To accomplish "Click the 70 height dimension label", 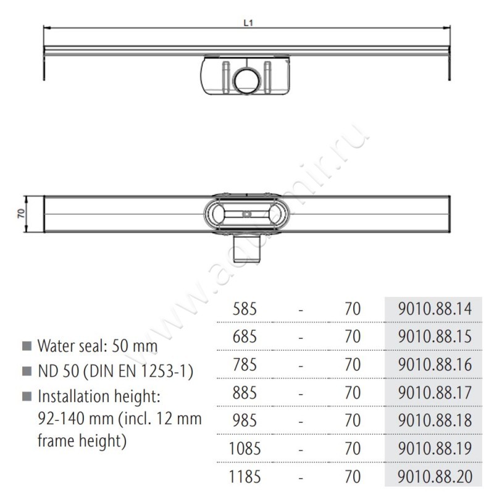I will point(20,214).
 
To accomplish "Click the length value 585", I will point(243,309).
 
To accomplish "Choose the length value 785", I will point(243,364).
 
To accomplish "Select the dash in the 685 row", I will point(300,337).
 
